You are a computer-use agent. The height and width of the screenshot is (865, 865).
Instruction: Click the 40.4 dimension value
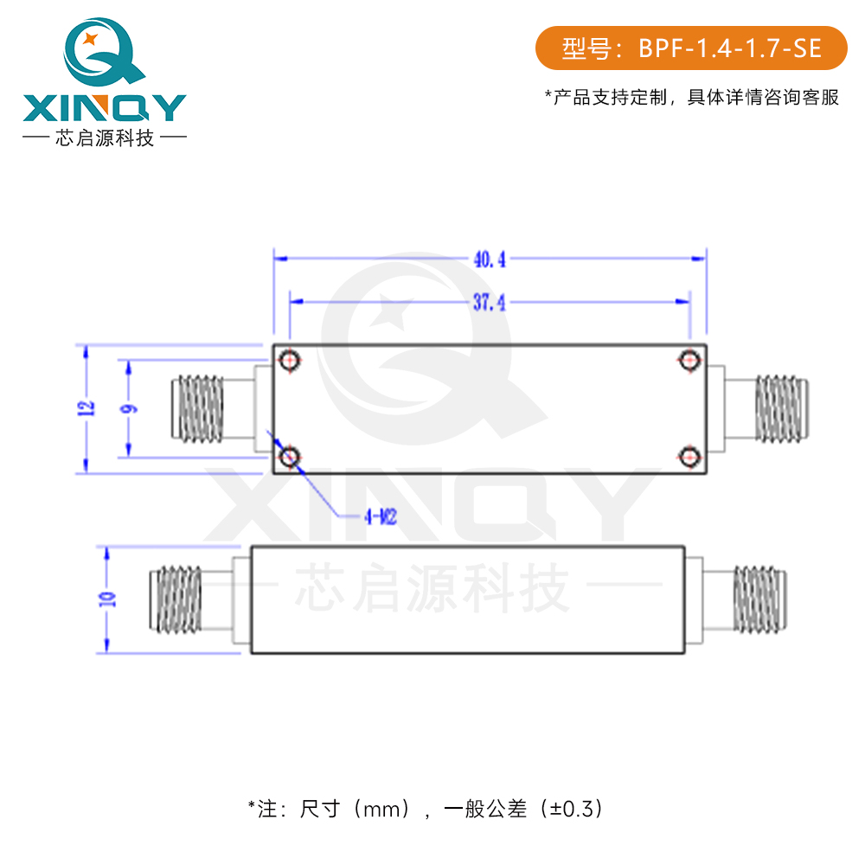(x=489, y=259)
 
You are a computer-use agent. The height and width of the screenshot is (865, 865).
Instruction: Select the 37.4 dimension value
(x=489, y=302)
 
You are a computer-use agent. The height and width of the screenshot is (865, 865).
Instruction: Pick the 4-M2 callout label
(x=380, y=517)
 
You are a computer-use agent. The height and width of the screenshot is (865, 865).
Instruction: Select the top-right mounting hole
(x=689, y=361)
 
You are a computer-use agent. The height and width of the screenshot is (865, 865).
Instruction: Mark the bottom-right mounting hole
(x=689, y=457)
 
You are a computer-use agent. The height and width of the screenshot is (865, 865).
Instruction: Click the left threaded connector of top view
(x=198, y=408)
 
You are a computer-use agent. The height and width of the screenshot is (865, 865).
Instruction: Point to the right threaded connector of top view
(x=782, y=408)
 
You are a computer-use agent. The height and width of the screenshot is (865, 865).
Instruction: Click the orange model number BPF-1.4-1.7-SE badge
(x=691, y=48)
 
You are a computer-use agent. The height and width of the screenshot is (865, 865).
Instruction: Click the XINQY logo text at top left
(x=104, y=108)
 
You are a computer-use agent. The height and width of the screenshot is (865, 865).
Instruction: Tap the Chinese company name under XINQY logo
(x=104, y=138)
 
